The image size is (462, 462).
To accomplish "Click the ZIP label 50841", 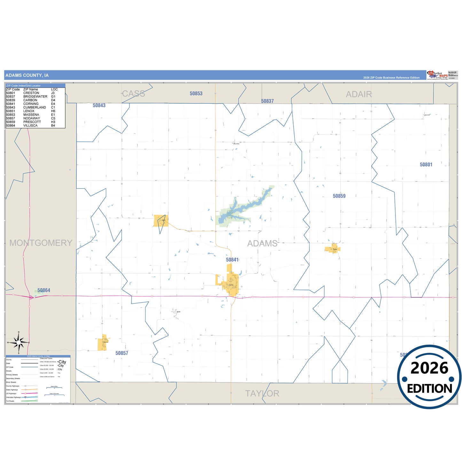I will click(232, 260).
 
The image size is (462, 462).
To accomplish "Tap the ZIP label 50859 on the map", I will click(339, 196).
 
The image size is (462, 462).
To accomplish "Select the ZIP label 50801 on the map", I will click(426, 165).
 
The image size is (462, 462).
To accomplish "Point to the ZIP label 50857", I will click(122, 353).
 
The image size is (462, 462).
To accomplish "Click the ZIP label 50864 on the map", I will click(44, 290).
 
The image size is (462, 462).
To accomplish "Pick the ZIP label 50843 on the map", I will click(99, 106).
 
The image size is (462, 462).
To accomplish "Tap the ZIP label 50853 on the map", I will click(196, 94).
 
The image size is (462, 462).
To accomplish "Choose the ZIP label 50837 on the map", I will click(267, 101).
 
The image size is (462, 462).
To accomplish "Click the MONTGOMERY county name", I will click(41, 243).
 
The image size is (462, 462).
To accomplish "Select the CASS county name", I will click(134, 94).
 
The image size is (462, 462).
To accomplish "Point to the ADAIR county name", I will click(359, 94).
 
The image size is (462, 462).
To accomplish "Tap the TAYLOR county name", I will click(262, 394).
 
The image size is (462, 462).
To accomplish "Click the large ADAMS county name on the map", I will click(262, 244).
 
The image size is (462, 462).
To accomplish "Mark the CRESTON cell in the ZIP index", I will click(31, 93).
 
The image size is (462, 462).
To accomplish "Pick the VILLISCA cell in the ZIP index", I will click(30, 126).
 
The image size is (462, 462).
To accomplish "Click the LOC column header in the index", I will click(54, 90).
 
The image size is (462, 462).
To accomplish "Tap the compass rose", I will click(19, 342).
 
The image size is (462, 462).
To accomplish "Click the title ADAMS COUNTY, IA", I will click(27, 75).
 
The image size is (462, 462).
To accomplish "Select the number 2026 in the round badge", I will click(429, 368).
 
